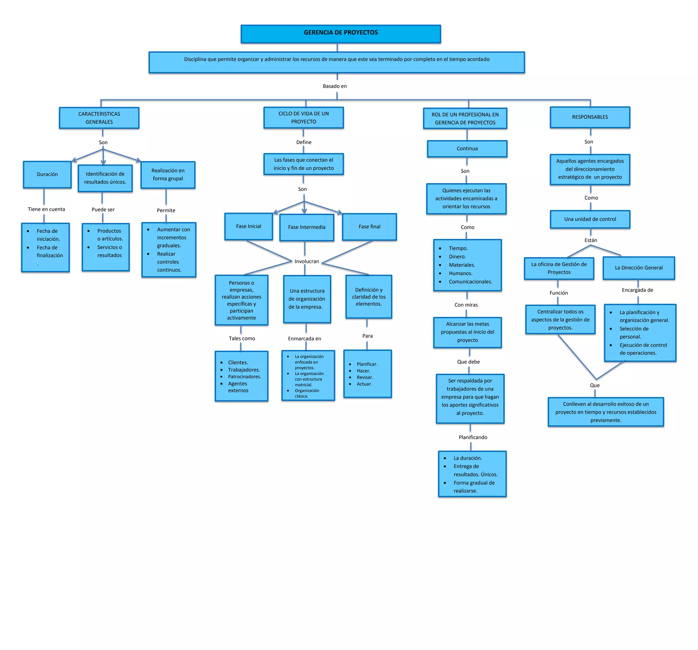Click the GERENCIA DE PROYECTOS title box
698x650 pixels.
340,33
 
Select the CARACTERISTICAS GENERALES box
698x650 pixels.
99,118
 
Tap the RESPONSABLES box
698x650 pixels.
590,117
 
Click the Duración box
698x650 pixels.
47,175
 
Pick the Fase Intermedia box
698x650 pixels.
306,227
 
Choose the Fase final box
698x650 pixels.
369,227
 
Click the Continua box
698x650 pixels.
467,149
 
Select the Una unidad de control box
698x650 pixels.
590,219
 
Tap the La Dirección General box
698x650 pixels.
639,268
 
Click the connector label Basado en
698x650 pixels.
335,86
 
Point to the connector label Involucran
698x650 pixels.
306,262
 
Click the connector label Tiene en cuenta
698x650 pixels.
46,209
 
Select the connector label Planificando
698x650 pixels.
473,438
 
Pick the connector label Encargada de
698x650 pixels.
637,290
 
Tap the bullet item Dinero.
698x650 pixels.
457,257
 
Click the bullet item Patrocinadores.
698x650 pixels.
244,376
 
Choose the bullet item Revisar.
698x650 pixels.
365,378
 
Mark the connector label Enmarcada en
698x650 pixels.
304,339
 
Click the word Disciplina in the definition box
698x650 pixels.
195,59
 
